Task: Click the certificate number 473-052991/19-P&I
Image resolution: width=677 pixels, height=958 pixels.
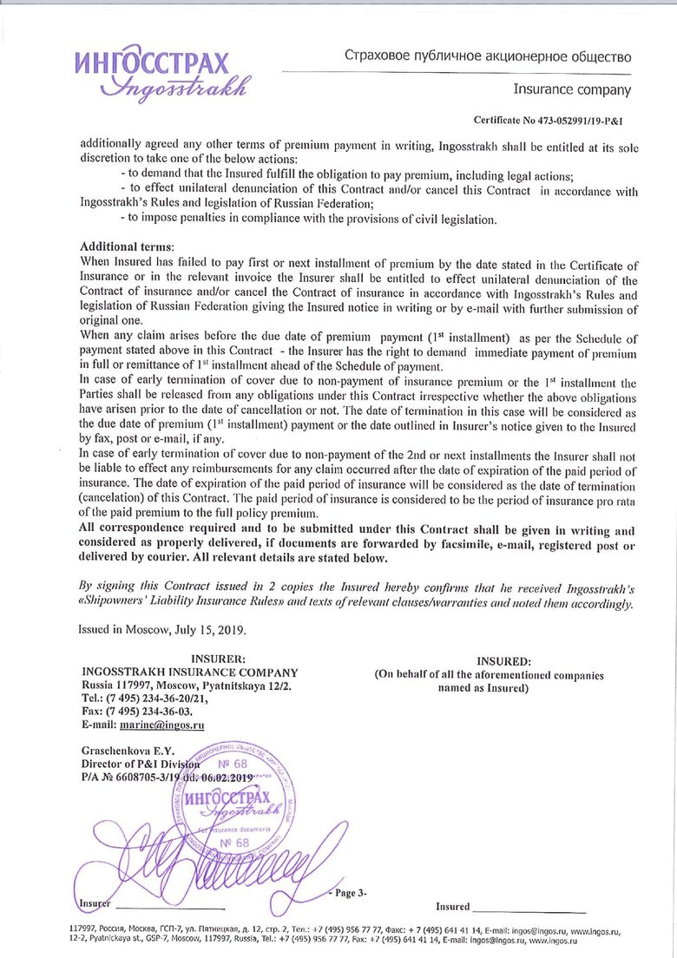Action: point(549,121)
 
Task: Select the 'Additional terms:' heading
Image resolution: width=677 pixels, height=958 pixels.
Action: point(126,247)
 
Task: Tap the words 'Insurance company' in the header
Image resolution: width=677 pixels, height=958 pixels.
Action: point(572,89)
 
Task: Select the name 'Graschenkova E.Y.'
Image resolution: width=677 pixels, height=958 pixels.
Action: point(128,749)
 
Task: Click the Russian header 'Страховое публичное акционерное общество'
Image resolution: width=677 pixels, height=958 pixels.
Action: point(487,57)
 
